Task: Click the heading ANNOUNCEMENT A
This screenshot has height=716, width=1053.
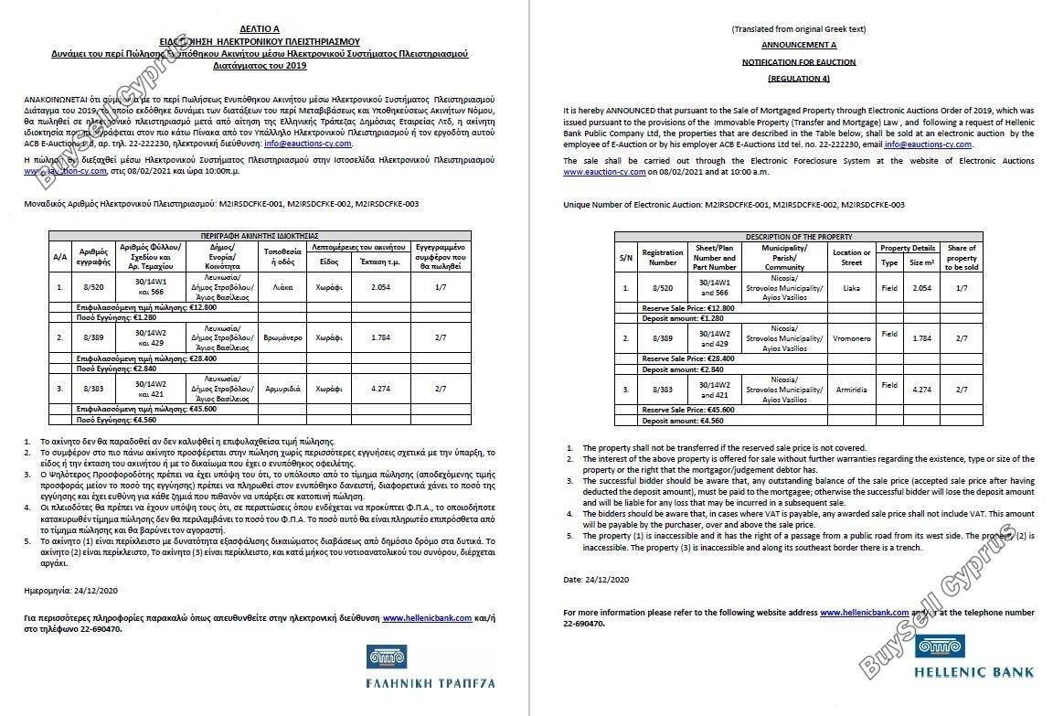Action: pos(799,45)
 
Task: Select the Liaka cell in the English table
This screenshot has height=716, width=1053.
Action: pos(851,289)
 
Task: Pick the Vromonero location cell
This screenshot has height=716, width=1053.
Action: pos(851,337)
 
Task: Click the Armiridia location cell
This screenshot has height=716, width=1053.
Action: pos(851,389)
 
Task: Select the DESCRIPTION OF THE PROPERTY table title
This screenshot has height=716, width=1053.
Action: pos(799,237)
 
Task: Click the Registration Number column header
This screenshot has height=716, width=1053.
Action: pos(663,257)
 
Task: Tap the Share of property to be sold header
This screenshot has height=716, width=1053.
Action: pos(961,257)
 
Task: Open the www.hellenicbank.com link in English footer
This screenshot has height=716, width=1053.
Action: pos(864,613)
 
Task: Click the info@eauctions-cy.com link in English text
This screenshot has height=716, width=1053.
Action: pos(928,144)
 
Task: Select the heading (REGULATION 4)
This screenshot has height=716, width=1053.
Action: pos(799,80)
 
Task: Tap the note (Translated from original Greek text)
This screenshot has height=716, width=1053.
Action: pos(799,29)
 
